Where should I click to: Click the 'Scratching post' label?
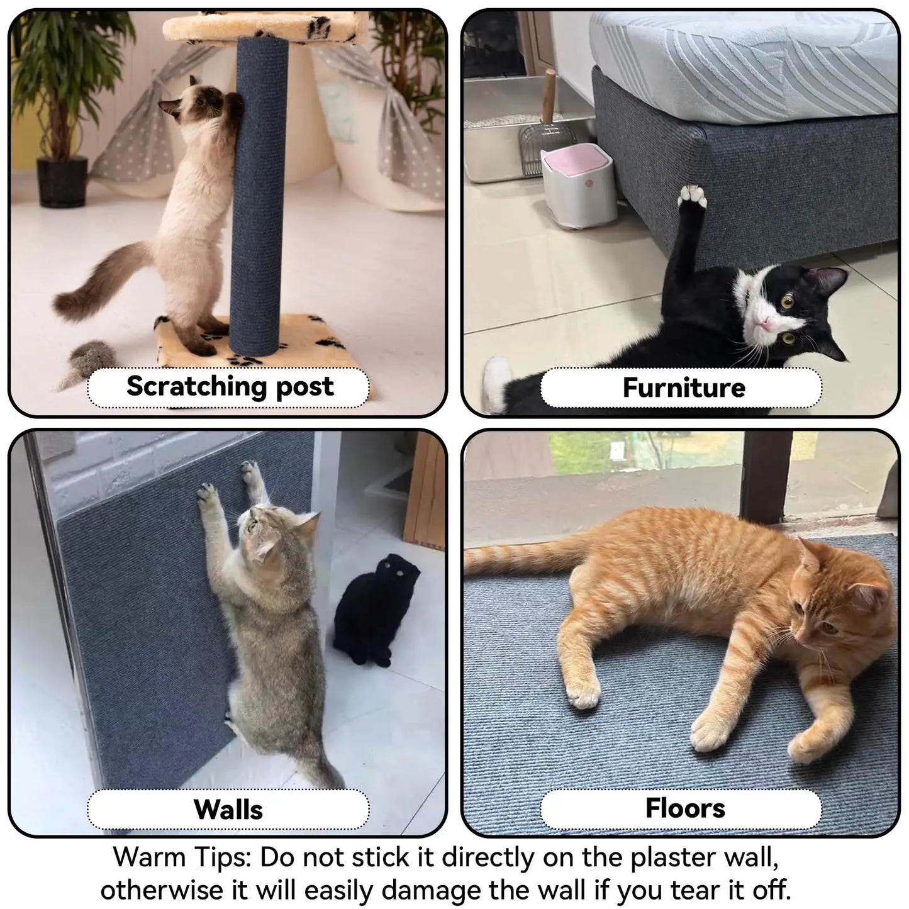229,386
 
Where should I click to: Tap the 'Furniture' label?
683,388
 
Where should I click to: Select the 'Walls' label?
228,809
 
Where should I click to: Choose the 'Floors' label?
684,808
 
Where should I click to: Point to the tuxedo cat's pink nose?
764,323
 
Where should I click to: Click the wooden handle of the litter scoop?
549,95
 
